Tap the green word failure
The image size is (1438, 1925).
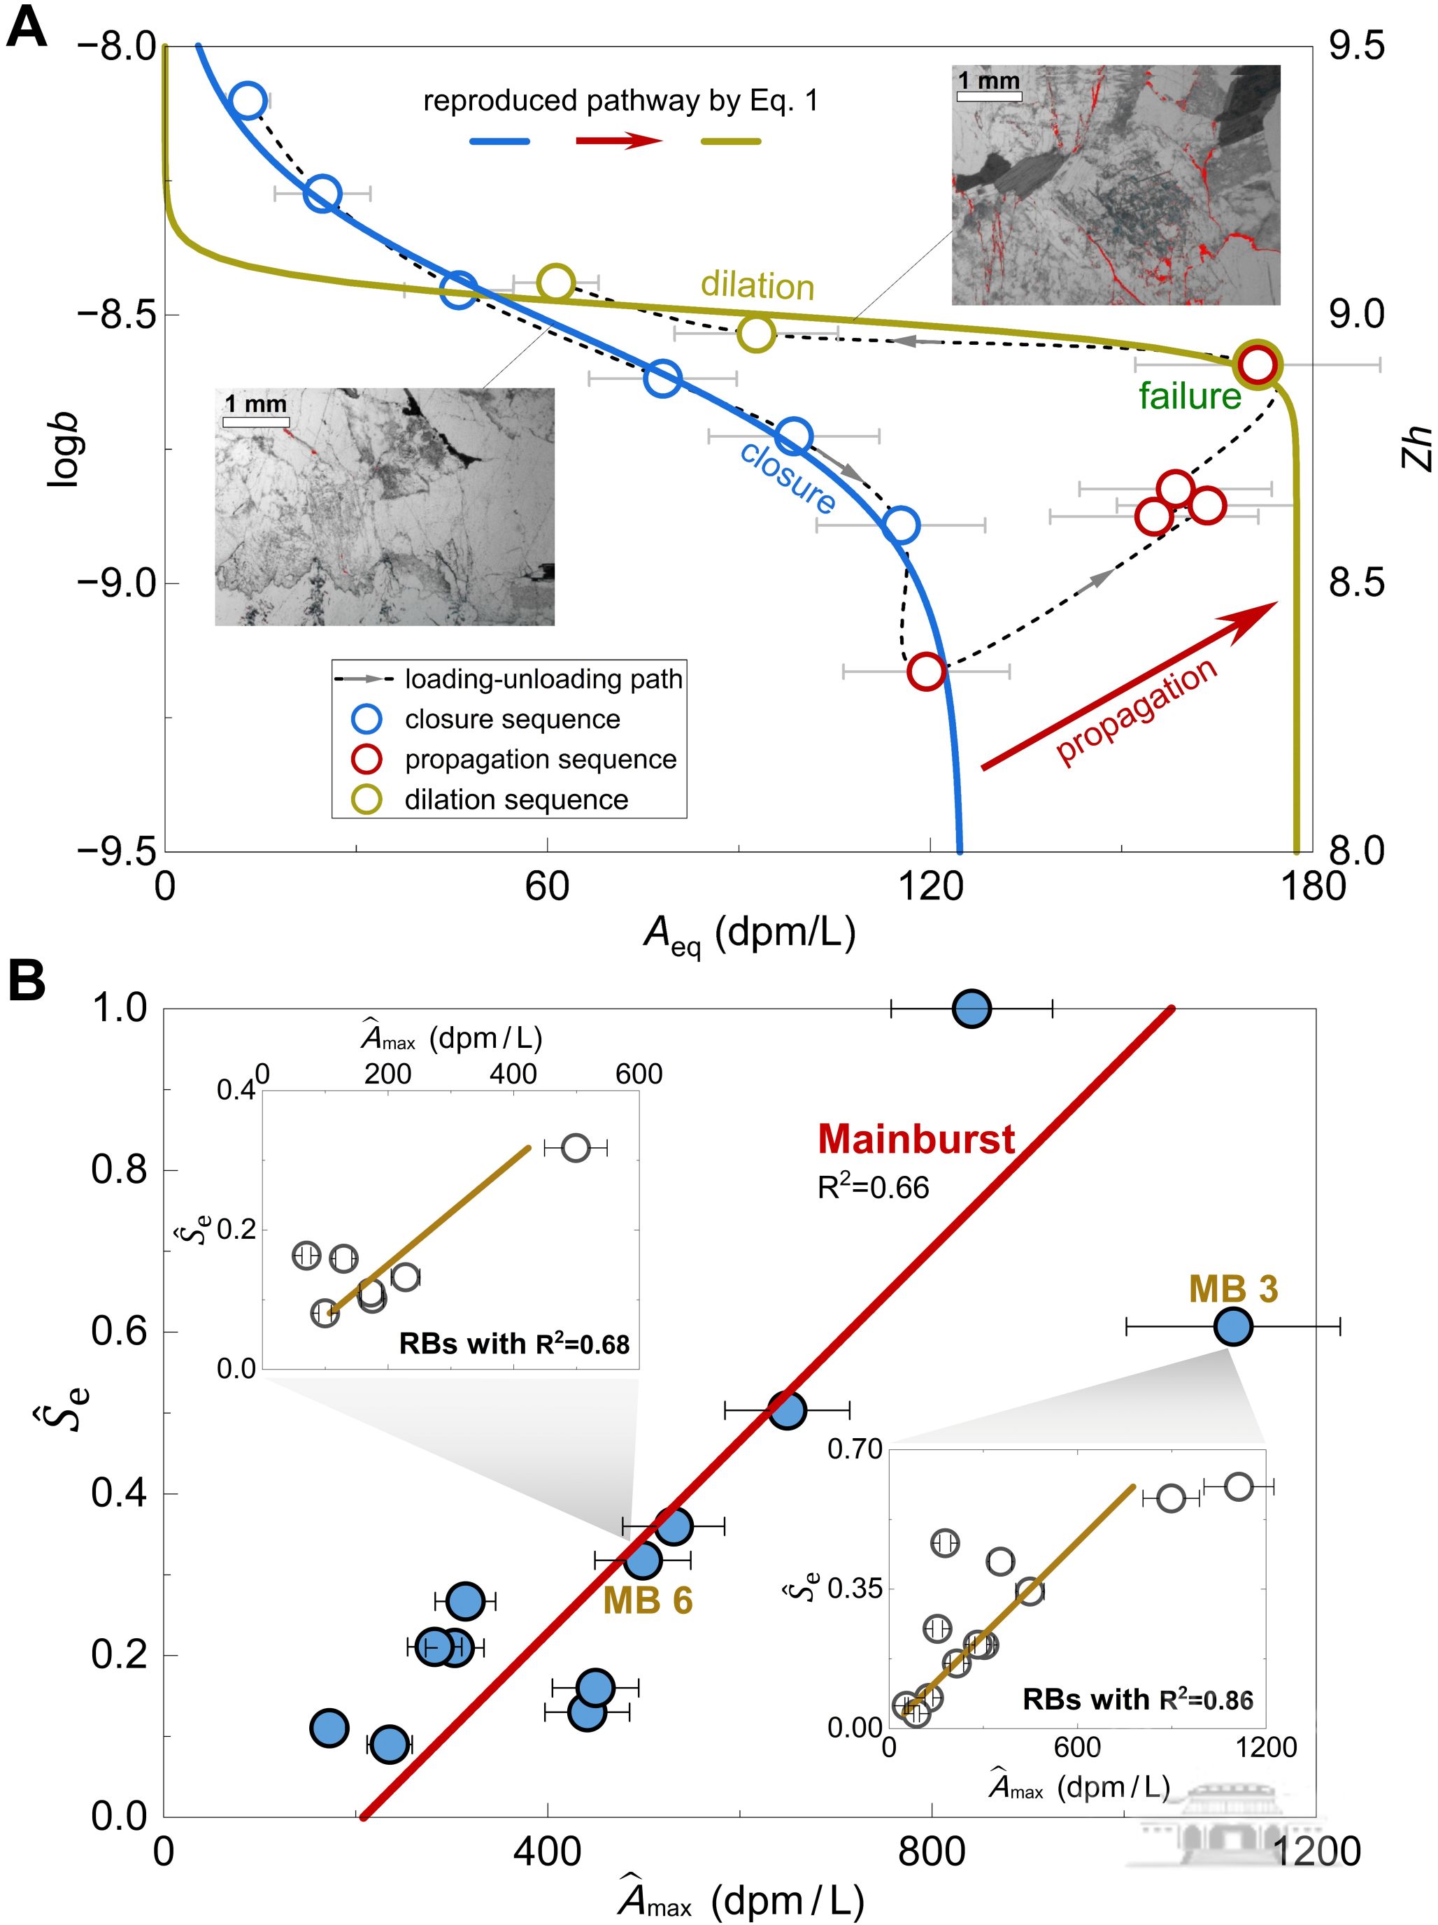(1189, 396)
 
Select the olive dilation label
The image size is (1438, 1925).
(757, 285)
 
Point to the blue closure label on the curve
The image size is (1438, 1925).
(788, 478)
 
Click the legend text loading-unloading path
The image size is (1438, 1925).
(543, 679)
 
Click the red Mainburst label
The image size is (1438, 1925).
(916, 1139)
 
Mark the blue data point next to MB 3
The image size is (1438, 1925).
(1232, 1326)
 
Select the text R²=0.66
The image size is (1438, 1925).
(873, 1187)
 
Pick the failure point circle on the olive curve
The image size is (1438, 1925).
(1257, 364)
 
